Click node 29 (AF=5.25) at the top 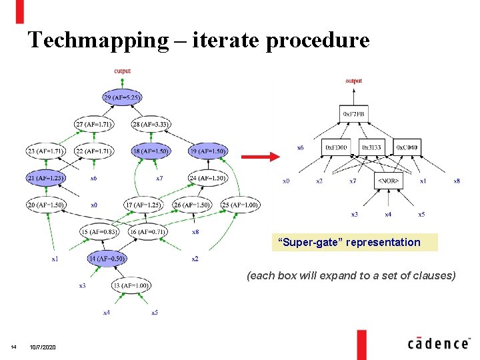click(121, 97)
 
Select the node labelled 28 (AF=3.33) click(151, 124)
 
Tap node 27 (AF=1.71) click(94, 124)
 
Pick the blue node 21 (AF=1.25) click(46, 178)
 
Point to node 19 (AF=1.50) click(208, 151)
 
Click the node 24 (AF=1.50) click(208, 178)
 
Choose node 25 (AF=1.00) click(240, 205)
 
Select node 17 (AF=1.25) click(143, 205)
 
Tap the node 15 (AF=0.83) click(98, 231)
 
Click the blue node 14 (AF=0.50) click(107, 258)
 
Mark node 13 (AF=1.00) click(131, 285)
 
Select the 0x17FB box click(353, 114)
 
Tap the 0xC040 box click(407, 147)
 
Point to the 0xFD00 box click(336, 147)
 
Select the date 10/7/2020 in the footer click(43, 348)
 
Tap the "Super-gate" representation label click(353, 242)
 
